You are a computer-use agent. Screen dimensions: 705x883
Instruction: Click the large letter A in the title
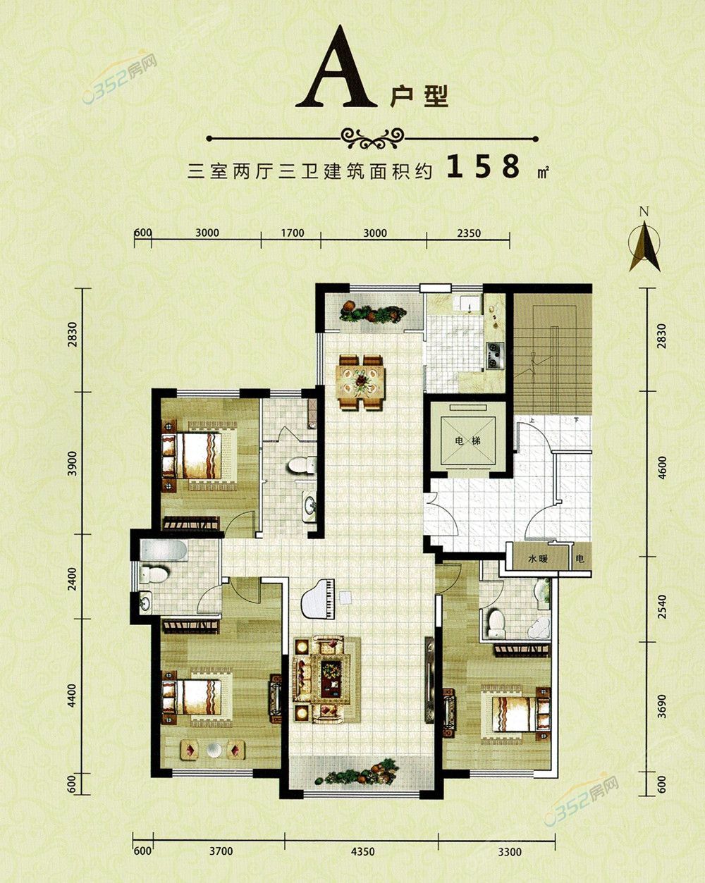tap(336, 68)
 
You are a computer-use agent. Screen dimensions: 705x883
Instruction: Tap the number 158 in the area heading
tap(484, 166)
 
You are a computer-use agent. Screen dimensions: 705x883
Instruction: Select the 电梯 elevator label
tap(467, 441)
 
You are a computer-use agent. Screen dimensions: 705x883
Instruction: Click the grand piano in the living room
tap(319, 598)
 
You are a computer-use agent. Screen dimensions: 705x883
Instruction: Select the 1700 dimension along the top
tap(293, 233)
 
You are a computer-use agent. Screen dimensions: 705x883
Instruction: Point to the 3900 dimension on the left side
tap(73, 463)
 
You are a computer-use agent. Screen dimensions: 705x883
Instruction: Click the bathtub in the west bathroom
tap(164, 550)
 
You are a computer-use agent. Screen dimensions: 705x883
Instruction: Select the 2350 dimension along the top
tap(469, 233)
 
